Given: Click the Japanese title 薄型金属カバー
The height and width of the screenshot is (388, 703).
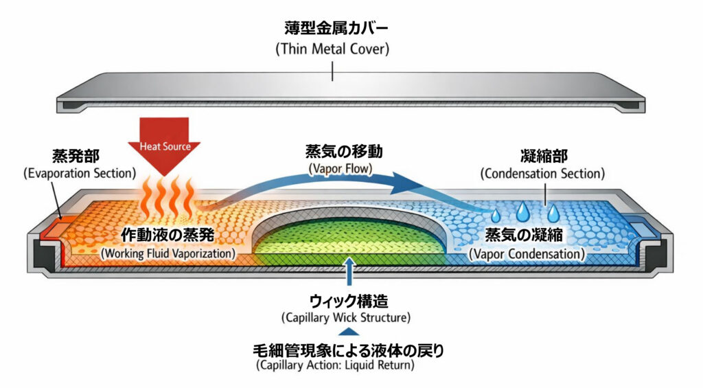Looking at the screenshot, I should pyautogui.click(x=336, y=29).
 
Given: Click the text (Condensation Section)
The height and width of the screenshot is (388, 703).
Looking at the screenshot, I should pyautogui.click(x=543, y=174).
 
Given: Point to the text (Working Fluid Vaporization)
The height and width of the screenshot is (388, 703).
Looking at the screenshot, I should pyautogui.click(x=168, y=253).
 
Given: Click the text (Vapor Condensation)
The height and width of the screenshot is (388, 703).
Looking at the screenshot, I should pyautogui.click(x=527, y=253).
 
